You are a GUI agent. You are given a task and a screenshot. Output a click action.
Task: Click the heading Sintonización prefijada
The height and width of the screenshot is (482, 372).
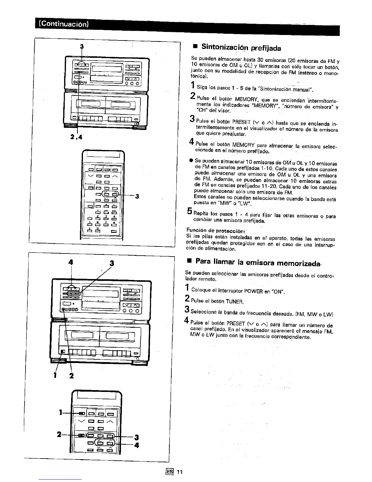click(241, 47)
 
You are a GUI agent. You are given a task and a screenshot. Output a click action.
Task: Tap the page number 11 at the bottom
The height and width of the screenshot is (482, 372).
click(180, 472)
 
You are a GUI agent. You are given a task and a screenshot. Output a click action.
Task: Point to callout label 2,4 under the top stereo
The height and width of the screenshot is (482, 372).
click(76, 137)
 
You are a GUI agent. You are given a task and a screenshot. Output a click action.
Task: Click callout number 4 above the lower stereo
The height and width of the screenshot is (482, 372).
click(71, 262)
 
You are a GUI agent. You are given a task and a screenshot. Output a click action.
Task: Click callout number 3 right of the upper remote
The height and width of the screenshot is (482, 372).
click(137, 196)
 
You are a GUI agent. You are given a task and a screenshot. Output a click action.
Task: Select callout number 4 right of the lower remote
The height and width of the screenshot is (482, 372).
click(137, 445)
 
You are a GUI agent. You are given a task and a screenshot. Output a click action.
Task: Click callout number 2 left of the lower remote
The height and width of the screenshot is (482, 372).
click(59, 434)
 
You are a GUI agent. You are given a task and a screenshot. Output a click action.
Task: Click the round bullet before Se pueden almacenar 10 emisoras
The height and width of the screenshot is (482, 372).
click(191, 160)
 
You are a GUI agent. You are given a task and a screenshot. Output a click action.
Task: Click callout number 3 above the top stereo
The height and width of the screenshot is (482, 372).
click(81, 46)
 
